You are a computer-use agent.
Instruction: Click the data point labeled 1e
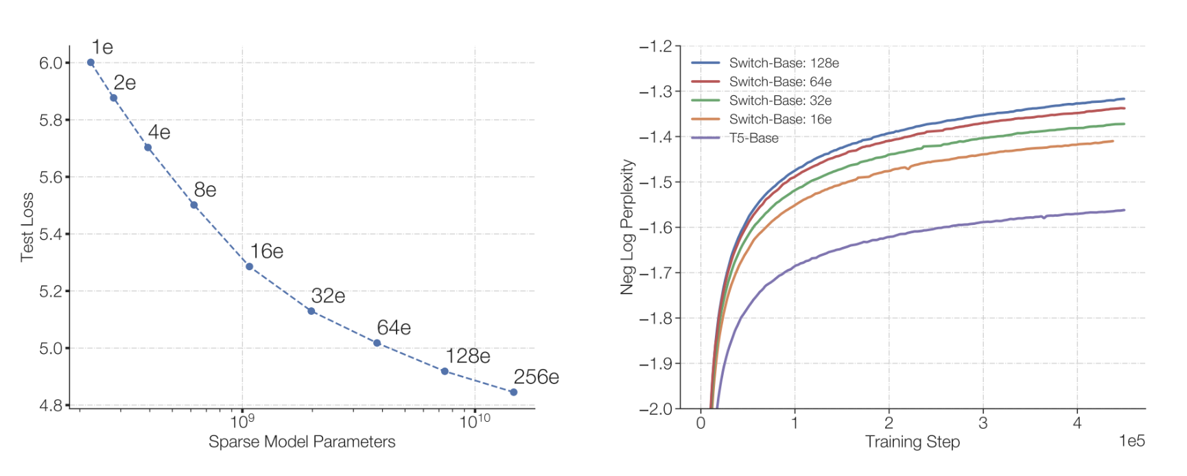(91, 62)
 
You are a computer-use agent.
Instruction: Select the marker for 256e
(513, 392)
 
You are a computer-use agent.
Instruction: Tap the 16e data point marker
(249, 266)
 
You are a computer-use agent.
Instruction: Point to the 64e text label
(394, 328)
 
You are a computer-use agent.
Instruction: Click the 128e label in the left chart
(468, 356)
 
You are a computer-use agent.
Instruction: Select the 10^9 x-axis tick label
(242, 421)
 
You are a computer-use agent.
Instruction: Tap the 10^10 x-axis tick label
(474, 421)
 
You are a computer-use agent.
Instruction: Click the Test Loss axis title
(27, 235)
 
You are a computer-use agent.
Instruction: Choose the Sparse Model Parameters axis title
(302, 442)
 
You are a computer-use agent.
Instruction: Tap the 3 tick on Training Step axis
(983, 423)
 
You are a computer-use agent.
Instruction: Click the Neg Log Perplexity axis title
(627, 227)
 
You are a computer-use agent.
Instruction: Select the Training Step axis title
(912, 442)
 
